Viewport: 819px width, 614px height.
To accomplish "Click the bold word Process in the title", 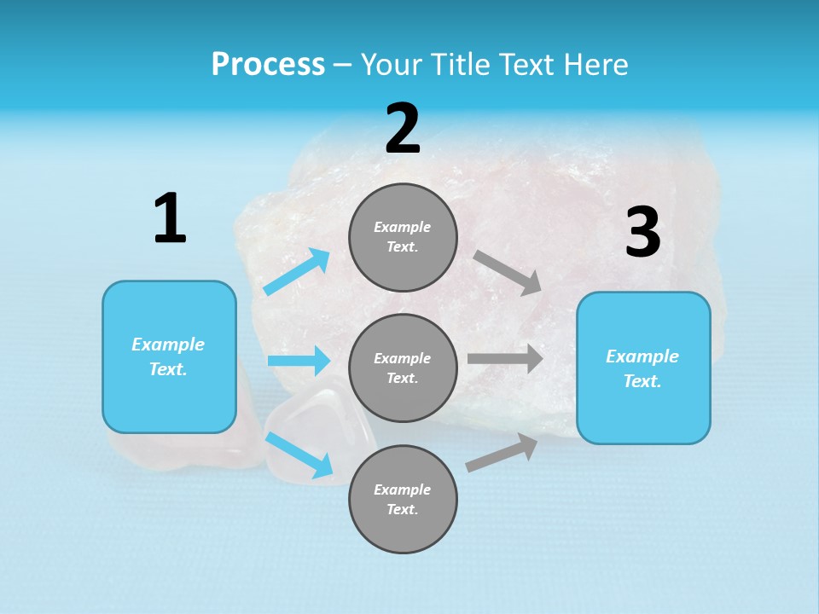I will pyautogui.click(x=268, y=65).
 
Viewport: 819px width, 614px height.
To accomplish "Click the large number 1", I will pyautogui.click(x=170, y=219).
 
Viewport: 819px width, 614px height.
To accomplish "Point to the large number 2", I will pyautogui.click(x=403, y=129).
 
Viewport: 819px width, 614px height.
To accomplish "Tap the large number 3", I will pyautogui.click(x=642, y=232).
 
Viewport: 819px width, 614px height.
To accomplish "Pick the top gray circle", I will pyautogui.click(x=403, y=237).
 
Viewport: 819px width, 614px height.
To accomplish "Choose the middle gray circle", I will pyautogui.click(x=403, y=368).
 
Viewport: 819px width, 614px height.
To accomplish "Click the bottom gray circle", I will pyautogui.click(x=403, y=499).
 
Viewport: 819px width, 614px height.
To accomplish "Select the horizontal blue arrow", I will pyautogui.click(x=299, y=361).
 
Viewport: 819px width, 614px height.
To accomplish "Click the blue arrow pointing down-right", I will pyautogui.click(x=299, y=455).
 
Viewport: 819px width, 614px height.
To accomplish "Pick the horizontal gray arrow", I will pyautogui.click(x=505, y=358).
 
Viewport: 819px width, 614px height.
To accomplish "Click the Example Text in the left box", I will pyautogui.click(x=168, y=356).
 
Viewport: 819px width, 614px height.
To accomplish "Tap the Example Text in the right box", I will pyautogui.click(x=642, y=368).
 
